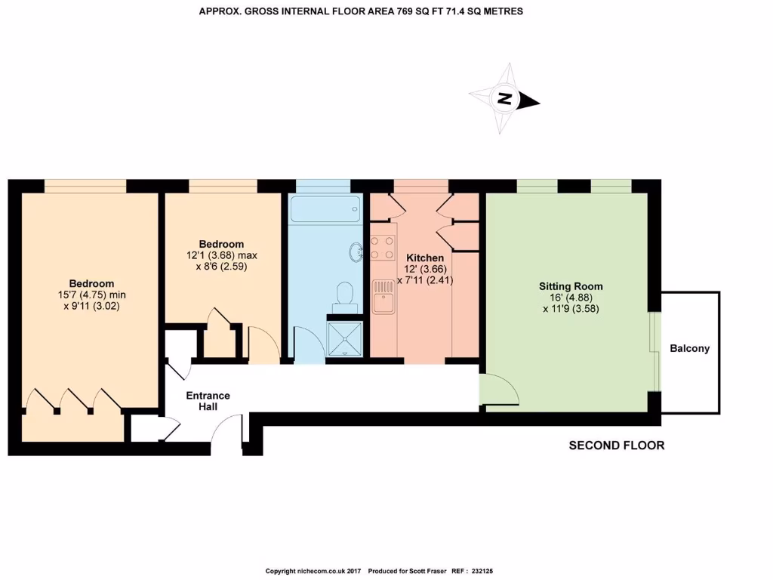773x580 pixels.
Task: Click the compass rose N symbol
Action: [504, 99]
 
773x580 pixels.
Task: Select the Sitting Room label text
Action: [571, 286]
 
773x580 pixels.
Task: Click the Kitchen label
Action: [424, 258]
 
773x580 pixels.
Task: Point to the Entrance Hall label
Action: [208, 401]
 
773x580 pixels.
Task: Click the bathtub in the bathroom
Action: [325, 209]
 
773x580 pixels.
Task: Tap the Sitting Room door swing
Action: [498, 390]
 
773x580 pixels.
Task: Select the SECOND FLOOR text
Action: [616, 446]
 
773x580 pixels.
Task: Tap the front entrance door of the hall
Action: [227, 438]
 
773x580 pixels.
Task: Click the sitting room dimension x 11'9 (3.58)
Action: [571, 308]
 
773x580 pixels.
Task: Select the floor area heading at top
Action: [361, 11]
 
